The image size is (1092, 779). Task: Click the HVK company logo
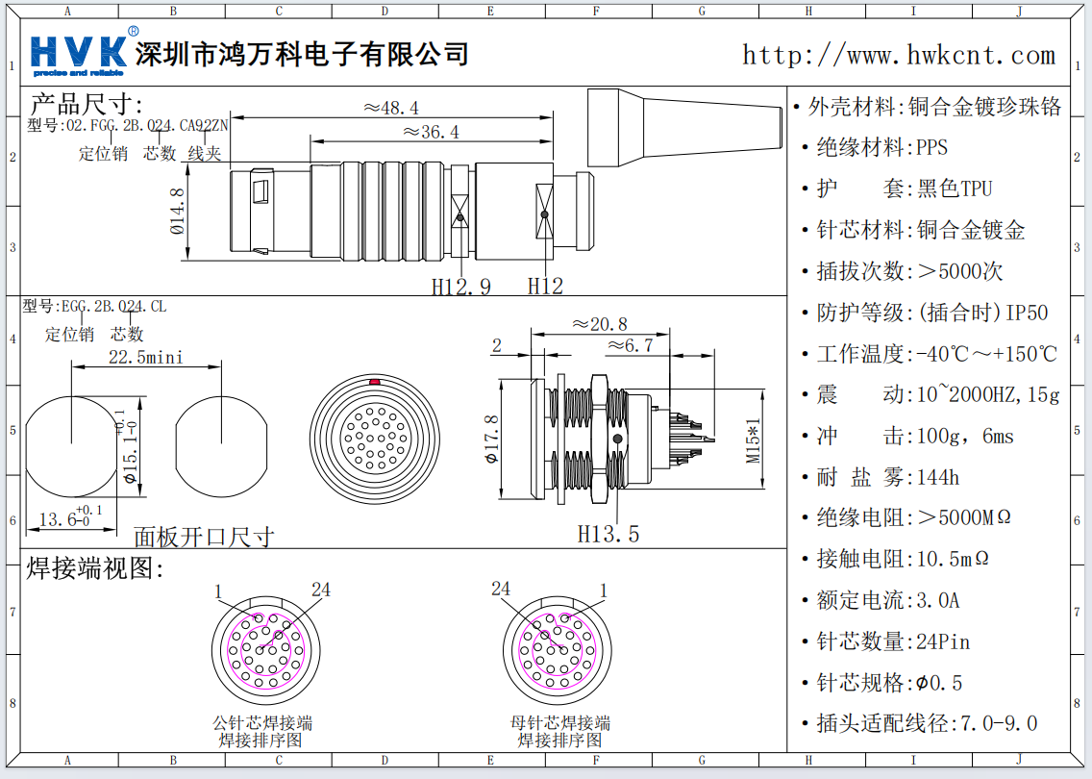coord(79,54)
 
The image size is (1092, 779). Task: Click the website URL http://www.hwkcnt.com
coord(898,55)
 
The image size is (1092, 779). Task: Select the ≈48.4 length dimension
coord(391,108)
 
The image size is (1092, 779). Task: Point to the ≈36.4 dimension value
coord(430,132)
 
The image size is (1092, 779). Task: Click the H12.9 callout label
coord(460,286)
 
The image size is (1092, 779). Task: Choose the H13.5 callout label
coord(608,533)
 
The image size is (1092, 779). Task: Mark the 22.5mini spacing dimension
coord(145,358)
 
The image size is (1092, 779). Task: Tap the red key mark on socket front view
coord(374,383)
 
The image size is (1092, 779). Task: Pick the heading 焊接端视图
coord(96,568)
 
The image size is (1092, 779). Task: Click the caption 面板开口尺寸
coord(203,537)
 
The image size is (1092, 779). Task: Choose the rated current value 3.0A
coord(937,601)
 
